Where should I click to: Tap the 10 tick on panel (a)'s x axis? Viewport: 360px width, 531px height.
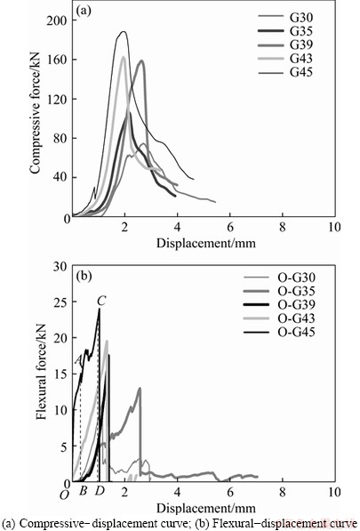[x=334, y=227]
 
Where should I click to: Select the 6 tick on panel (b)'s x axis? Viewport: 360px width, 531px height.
[x=230, y=492]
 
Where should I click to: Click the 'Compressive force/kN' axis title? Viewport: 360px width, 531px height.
[x=35, y=113]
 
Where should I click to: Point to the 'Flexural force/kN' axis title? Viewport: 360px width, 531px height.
[x=41, y=372]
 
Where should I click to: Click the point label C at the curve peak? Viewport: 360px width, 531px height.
[x=101, y=301]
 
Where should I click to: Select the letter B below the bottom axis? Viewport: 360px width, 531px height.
[x=83, y=491]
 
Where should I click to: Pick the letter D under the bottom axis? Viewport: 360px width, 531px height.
[x=100, y=491]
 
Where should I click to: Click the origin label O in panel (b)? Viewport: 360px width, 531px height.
[x=64, y=495]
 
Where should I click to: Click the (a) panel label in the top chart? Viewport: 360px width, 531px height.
[x=84, y=12]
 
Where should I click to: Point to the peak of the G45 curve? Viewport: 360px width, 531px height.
[x=124, y=31]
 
